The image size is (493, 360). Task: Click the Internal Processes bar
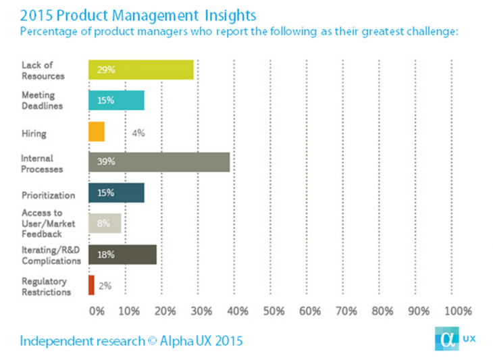coord(159,161)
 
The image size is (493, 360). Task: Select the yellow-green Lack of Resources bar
coord(141,70)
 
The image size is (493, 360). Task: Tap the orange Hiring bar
coord(97,131)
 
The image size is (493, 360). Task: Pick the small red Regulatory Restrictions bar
coord(92,285)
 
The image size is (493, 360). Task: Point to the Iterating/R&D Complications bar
coord(122,255)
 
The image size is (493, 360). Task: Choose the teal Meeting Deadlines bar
coord(116,100)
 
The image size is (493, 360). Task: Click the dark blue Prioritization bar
coord(116,192)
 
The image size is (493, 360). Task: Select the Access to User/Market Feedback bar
coord(105,224)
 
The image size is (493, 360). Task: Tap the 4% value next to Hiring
coord(138,132)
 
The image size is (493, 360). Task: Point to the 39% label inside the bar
coord(106,162)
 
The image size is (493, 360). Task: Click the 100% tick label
coord(459,311)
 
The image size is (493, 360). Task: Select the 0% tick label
coord(97,311)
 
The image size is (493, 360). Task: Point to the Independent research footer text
coord(131,341)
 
